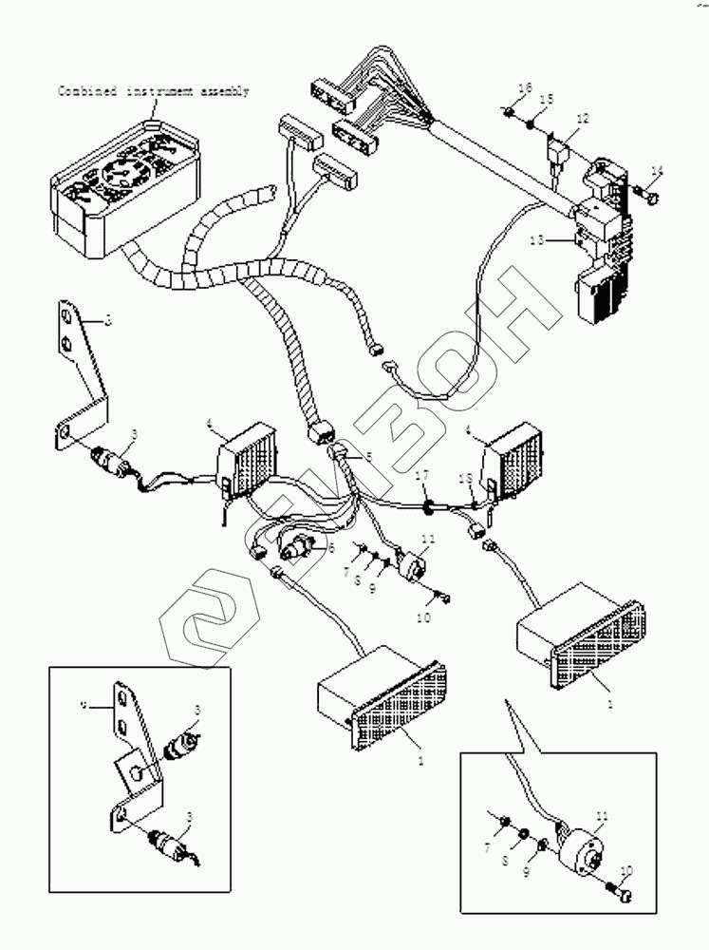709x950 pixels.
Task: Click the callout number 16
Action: click(525, 88)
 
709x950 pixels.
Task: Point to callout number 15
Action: click(548, 100)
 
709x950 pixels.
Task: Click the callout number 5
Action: click(369, 456)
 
